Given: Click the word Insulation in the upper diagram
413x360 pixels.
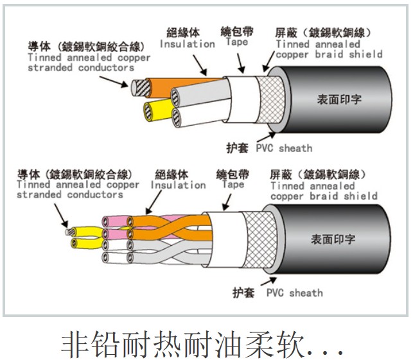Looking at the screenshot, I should click(x=187, y=44).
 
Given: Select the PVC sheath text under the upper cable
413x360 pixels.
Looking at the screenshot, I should click(x=284, y=148).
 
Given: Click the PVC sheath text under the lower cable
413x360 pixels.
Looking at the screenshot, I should click(x=295, y=293).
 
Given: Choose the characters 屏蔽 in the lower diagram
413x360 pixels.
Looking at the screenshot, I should click(x=283, y=175).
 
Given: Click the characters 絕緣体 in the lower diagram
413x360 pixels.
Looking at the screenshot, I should click(x=171, y=175).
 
